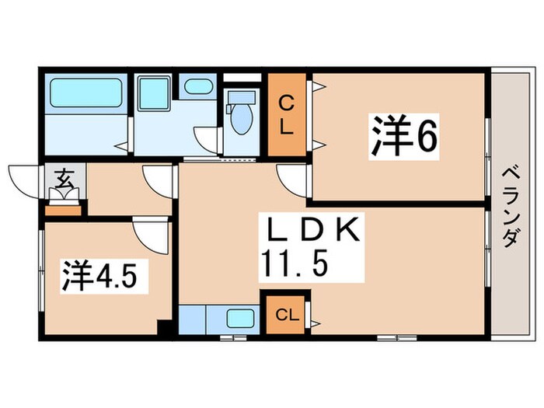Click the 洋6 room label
(403, 137)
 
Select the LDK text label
(311, 232)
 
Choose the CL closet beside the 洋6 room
(287, 116)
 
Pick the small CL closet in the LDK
(286, 314)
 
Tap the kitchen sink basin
(241, 318)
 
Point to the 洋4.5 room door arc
(148, 233)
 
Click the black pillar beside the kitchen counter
(163, 326)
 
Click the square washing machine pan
(153, 96)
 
